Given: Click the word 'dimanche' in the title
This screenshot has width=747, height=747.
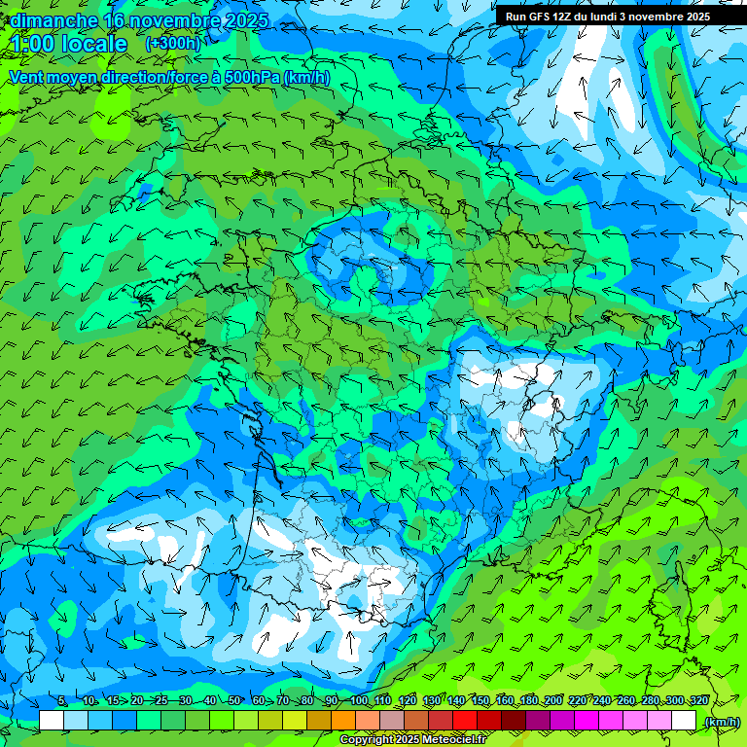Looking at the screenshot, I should click(53, 20).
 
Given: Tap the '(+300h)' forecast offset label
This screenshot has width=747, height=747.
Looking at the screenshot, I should click(172, 44).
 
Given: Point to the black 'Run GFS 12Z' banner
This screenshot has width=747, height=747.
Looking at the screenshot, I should click(607, 17).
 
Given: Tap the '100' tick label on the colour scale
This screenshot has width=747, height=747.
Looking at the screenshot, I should click(359, 701).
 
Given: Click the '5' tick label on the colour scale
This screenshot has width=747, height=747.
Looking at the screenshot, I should click(62, 701).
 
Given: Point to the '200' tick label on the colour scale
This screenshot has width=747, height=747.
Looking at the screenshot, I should click(553, 701).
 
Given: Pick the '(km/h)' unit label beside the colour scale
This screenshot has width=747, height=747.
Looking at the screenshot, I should click(721, 721).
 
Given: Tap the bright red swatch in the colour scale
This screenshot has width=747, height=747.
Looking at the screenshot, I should click(466, 721).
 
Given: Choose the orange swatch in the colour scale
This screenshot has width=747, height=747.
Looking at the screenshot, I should click(343, 721).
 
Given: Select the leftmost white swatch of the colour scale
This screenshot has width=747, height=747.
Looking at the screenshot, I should click(52, 721).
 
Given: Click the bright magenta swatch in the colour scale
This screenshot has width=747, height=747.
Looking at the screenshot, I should click(587, 721).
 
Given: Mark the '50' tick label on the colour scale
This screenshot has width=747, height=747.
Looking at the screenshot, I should click(234, 701).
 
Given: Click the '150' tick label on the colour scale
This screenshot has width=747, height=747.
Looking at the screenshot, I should click(480, 701).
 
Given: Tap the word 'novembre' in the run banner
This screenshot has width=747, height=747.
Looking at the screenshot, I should click(659, 17).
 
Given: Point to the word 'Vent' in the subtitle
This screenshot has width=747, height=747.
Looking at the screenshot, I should click(27, 77).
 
